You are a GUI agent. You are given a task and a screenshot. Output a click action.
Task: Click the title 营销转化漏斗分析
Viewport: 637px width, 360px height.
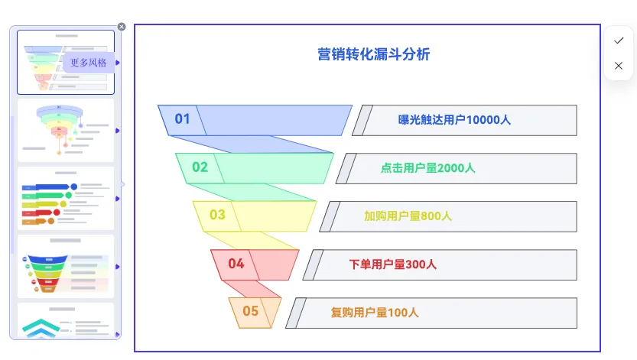point(374,55)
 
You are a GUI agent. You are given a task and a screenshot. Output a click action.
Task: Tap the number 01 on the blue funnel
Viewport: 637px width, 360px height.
point(182,119)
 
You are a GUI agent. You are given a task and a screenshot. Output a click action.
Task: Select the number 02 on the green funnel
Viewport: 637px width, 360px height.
point(200,167)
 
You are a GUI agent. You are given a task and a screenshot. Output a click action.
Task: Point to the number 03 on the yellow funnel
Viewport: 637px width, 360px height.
point(217,215)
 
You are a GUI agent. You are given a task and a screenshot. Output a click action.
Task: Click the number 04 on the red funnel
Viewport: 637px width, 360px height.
point(236,264)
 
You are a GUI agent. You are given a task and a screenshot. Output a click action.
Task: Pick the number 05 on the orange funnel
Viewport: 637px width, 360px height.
point(251,311)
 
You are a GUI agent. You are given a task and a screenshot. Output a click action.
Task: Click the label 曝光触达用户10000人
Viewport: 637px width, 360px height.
point(454,120)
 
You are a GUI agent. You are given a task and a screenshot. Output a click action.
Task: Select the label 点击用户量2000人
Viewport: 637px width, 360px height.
point(428,168)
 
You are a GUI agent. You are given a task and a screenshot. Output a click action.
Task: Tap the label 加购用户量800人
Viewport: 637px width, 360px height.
point(408,216)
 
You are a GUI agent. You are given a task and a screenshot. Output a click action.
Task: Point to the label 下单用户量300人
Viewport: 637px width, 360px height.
point(393,264)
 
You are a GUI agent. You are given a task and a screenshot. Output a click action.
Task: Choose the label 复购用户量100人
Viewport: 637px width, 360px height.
point(375,313)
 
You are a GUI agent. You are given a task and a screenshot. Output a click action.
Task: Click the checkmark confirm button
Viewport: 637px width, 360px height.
point(619,41)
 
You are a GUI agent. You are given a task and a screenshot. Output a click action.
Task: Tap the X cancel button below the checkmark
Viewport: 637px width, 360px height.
point(619,66)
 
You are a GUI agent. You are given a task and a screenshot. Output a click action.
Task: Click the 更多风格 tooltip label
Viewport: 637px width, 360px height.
point(89,63)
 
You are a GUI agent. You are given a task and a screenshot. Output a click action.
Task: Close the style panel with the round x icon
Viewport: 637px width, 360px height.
point(122,27)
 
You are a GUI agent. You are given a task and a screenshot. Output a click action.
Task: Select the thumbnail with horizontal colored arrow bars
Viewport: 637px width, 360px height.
point(65,199)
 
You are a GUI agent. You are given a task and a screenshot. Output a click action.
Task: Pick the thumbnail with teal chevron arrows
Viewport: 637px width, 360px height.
point(65,321)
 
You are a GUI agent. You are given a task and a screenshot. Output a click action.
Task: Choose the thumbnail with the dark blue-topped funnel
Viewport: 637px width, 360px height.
point(65,266)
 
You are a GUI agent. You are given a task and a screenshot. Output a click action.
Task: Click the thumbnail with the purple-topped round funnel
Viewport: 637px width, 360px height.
point(65,130)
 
